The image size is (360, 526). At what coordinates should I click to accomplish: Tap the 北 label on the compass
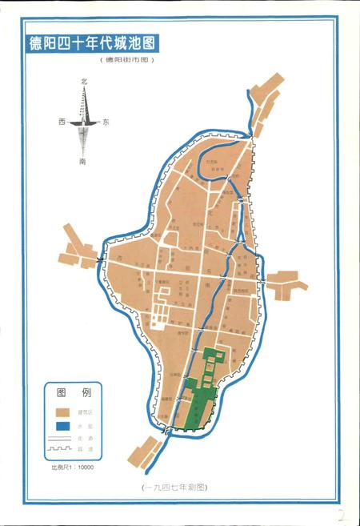pyautogui.click(x=83, y=82)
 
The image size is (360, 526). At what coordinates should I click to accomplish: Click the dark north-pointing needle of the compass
pyautogui.click(x=84, y=104)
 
